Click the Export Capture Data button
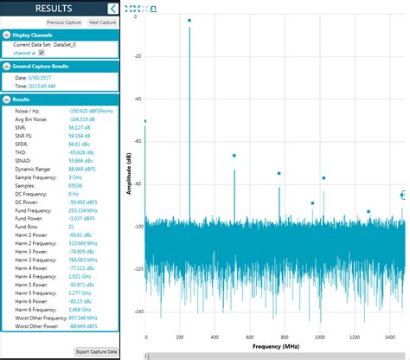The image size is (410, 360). point(96,351)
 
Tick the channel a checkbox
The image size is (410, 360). point(42,53)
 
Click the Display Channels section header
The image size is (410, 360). point(34,35)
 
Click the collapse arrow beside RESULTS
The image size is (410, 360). point(112,8)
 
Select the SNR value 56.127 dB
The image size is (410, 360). point(80,126)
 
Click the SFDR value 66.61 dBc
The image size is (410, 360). point(79,143)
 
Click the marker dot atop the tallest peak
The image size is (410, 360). point(189,20)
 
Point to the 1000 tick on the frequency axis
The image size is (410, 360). point(319,336)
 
